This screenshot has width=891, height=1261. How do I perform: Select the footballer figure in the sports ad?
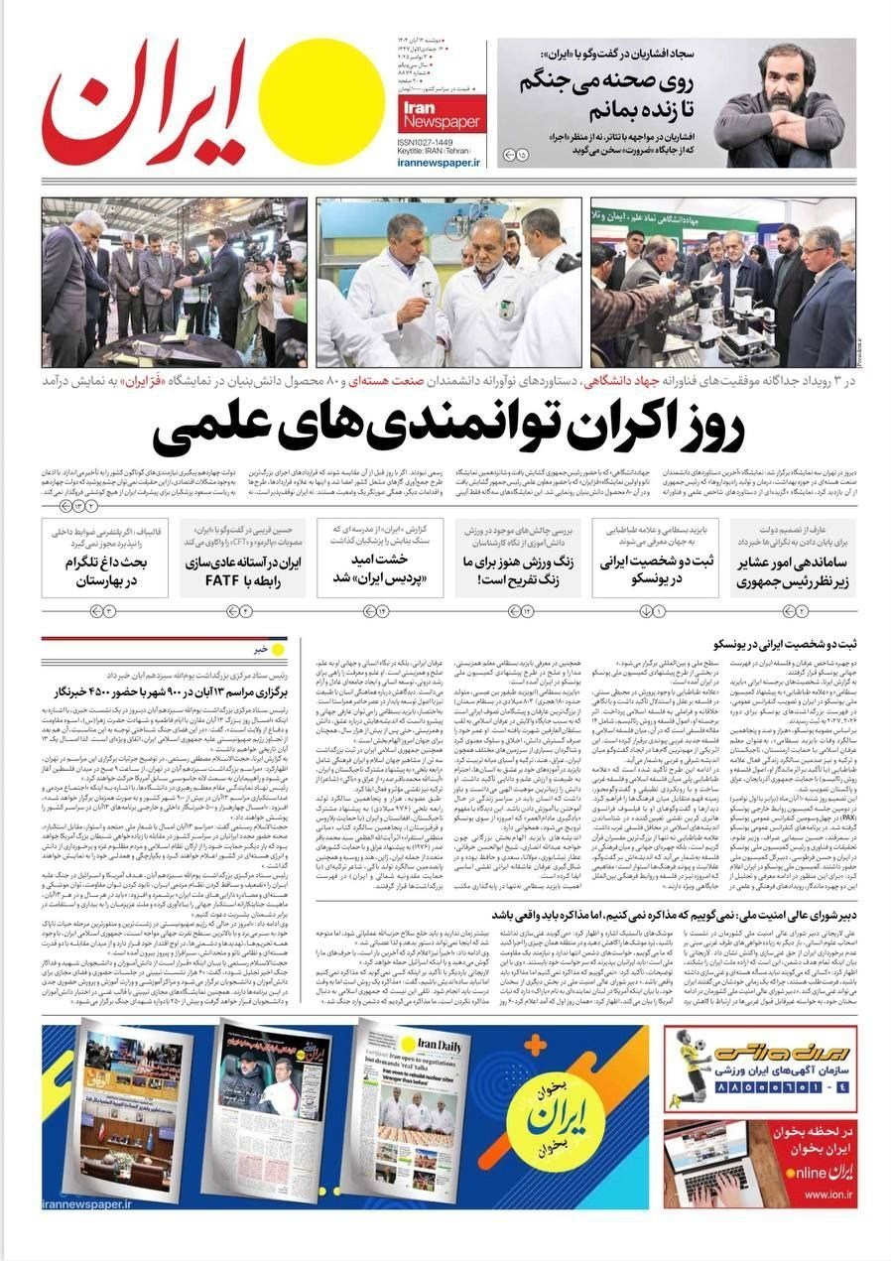click(686, 1068)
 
